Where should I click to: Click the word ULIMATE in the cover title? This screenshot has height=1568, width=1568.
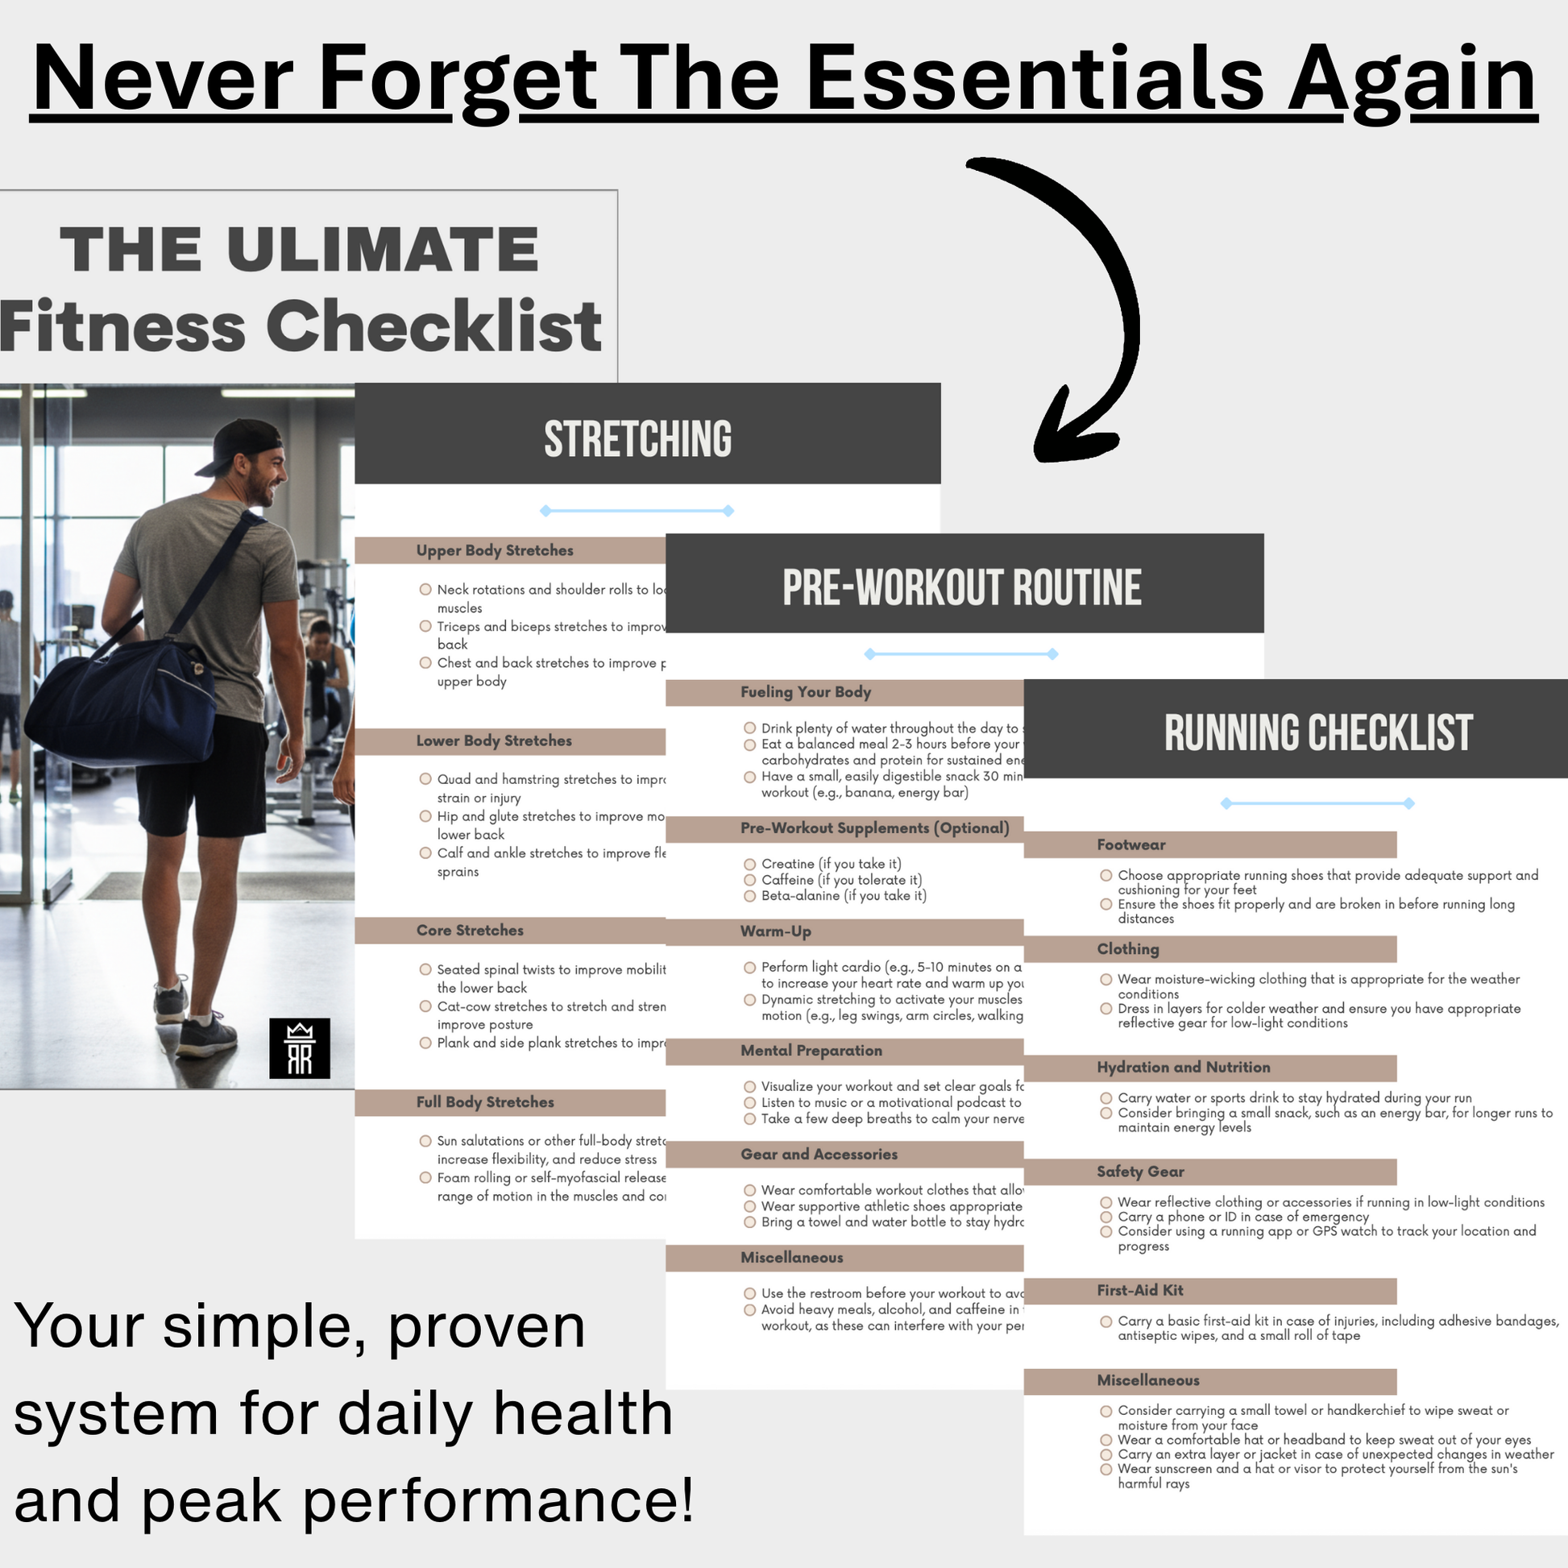(382, 249)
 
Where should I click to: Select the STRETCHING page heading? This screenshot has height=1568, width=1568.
(638, 439)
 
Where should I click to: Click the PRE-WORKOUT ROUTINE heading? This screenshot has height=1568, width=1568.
(962, 587)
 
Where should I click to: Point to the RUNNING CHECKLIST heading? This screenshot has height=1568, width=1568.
(1318, 733)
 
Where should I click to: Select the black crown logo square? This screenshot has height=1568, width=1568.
(300, 1047)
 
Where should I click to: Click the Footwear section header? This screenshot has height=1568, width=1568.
(1130, 845)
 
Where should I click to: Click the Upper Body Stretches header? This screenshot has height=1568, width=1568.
(494, 550)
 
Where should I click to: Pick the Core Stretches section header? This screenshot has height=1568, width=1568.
(470, 930)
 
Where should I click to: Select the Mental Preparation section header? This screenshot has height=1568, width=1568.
(811, 1050)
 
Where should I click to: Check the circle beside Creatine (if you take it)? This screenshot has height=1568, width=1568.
(750, 865)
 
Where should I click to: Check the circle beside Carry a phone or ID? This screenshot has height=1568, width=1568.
(1106, 1217)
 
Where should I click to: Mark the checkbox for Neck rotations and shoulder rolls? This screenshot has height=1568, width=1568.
(425, 589)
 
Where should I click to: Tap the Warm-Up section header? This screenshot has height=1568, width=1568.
(775, 931)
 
